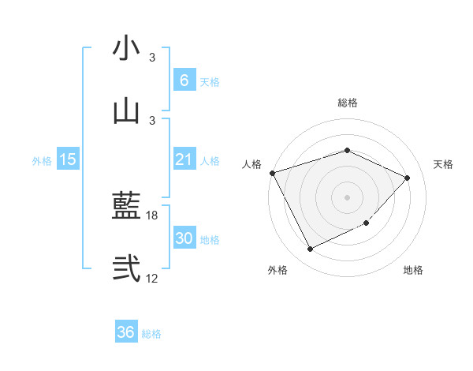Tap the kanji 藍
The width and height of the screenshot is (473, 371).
126,207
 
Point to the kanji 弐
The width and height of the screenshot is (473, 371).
126,268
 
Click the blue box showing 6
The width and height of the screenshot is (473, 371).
184,81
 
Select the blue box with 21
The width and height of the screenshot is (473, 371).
184,159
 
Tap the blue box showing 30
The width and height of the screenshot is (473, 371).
184,238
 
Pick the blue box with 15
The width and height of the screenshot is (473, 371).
68,159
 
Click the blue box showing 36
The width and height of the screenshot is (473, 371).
126,332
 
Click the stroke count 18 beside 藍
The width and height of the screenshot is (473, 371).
152,215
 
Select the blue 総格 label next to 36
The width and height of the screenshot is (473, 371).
151,334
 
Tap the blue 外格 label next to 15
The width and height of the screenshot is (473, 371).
42,161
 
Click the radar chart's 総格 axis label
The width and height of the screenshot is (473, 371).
347,103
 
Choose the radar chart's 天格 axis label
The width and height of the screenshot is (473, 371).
443,164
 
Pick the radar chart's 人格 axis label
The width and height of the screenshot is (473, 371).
252,164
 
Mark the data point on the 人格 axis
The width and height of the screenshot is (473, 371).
272,173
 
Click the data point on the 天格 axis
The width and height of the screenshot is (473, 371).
408,178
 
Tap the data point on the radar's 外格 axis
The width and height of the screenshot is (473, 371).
310,249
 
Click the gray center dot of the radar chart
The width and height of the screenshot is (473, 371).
347,197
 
